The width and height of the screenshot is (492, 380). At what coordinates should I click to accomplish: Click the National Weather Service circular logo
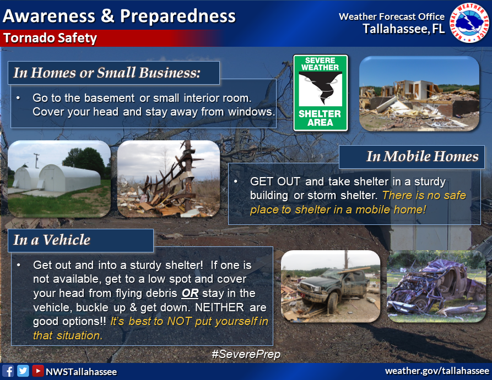(x=469, y=23)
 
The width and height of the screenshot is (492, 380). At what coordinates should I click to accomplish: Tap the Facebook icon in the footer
(x=8, y=371)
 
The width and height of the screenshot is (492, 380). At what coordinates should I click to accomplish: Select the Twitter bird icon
(x=23, y=371)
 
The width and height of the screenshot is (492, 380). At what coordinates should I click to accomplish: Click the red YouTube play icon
(x=37, y=371)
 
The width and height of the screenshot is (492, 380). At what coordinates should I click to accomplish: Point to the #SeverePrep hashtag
(x=246, y=354)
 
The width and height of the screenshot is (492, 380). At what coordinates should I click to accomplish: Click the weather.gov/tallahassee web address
(x=437, y=371)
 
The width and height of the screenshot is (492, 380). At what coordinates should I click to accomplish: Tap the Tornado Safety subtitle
(x=50, y=38)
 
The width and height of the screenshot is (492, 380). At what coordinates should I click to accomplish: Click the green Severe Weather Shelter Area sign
(x=320, y=93)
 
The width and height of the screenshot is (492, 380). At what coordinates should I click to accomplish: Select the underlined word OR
(x=190, y=293)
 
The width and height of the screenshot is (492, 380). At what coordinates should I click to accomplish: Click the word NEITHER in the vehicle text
(x=219, y=307)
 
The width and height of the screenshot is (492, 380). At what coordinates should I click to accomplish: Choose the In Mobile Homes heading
(x=423, y=156)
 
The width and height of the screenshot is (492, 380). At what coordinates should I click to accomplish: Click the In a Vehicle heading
(x=52, y=240)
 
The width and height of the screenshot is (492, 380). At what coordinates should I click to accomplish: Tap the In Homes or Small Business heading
(x=107, y=73)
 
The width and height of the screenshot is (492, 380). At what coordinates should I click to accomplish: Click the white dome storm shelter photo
(x=59, y=179)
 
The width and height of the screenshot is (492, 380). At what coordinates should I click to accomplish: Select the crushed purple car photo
(x=436, y=287)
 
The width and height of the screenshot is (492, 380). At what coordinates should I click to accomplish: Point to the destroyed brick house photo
(x=419, y=93)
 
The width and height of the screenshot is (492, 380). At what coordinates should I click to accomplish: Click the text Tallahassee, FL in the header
(x=404, y=29)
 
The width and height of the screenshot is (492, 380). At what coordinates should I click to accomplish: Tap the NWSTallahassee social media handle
(x=82, y=372)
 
